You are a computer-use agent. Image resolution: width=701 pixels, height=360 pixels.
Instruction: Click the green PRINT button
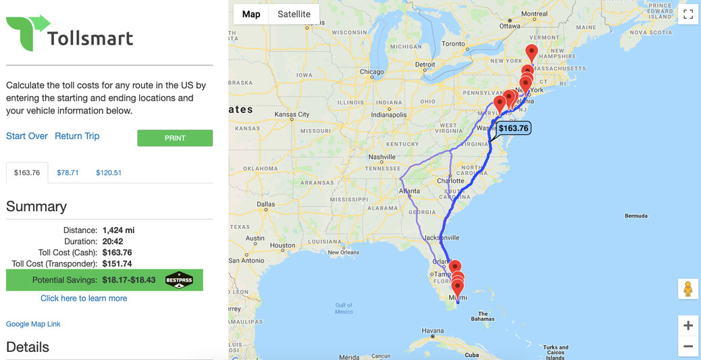click(175, 138)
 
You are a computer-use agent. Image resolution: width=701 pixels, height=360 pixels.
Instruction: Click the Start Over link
click(27, 136)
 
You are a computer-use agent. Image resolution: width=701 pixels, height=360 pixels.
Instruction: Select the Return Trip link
click(77, 136)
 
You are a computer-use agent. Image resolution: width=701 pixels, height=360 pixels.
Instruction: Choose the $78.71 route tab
click(68, 173)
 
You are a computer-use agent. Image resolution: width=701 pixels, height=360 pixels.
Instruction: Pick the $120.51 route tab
click(109, 173)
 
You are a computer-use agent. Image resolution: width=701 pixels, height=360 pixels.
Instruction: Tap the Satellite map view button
click(294, 14)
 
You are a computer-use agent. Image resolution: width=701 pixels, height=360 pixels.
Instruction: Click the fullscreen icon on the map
click(687, 14)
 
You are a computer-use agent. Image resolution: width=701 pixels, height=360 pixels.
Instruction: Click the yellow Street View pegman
click(687, 288)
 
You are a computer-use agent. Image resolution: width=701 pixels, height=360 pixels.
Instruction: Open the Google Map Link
click(33, 324)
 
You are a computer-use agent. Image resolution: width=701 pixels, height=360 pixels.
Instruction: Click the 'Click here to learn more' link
click(84, 299)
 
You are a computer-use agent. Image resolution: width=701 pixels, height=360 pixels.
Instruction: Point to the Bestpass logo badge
click(179, 280)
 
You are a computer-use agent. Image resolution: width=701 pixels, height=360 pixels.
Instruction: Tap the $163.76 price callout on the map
click(514, 128)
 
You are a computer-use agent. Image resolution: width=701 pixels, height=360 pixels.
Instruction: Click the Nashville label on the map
click(382, 157)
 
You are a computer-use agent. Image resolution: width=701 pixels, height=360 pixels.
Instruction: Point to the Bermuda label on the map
click(635, 216)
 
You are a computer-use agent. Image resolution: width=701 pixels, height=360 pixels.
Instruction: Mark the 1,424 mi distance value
click(118, 230)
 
